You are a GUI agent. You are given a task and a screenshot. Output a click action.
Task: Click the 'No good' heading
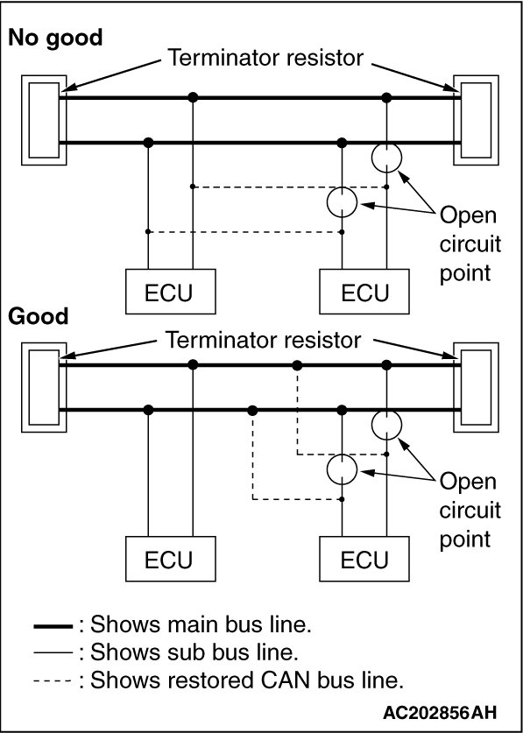[x=55, y=39]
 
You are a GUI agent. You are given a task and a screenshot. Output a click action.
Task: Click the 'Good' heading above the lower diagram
[x=39, y=316]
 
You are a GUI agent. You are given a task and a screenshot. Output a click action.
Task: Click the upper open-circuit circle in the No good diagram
[x=386, y=143]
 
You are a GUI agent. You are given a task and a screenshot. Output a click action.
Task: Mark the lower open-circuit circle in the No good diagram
[x=342, y=187]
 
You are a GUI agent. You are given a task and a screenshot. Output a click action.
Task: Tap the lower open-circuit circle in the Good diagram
[x=342, y=455]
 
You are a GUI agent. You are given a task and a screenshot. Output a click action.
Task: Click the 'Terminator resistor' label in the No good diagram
[x=265, y=58]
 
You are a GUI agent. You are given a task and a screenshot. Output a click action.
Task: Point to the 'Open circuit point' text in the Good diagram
[x=470, y=511]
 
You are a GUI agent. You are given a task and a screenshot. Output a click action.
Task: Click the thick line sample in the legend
[x=53, y=626]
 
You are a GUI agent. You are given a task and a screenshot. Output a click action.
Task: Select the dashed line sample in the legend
[x=53, y=680]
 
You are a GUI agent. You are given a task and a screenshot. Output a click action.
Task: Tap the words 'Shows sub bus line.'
[x=194, y=653]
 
